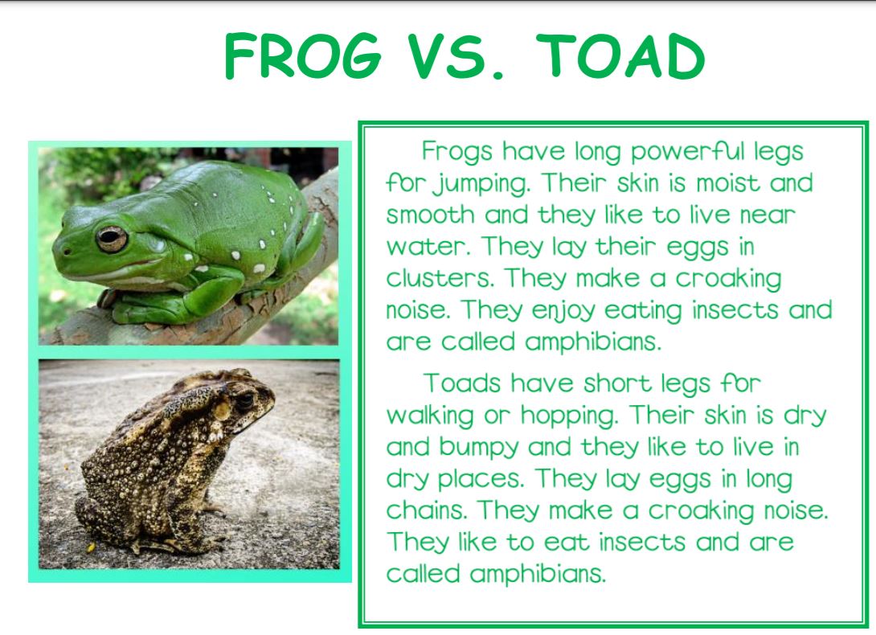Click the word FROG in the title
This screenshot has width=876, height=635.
[x=303, y=56]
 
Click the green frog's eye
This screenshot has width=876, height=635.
[x=112, y=239]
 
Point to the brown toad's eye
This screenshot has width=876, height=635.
[x=245, y=401]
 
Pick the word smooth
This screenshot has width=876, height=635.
[x=430, y=215]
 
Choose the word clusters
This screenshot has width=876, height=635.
[x=440, y=278]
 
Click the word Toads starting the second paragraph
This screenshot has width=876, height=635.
[x=461, y=384]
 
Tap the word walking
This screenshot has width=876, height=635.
[x=430, y=416]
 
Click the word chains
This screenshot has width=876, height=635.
[x=426, y=510]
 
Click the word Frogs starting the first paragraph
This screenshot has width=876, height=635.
[x=457, y=152]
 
